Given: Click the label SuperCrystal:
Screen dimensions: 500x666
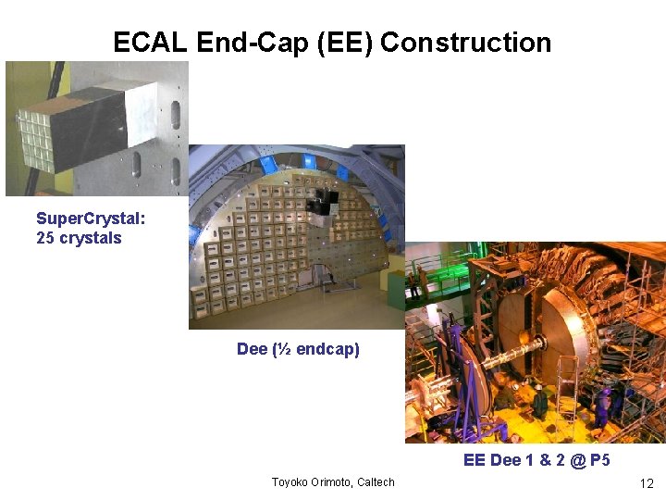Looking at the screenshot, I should [91, 219].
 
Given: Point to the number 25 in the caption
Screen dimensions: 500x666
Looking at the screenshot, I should [45, 238].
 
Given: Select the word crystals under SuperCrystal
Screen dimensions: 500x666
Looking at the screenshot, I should [91, 238].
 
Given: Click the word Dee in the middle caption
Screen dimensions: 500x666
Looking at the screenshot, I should [253, 349].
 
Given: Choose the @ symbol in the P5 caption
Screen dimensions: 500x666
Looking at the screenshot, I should [578, 461].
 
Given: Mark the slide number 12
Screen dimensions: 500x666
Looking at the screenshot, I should [647, 483].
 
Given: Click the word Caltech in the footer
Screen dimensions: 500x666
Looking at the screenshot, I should [374, 481].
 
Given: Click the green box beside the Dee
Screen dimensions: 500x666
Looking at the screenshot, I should [396, 291].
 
